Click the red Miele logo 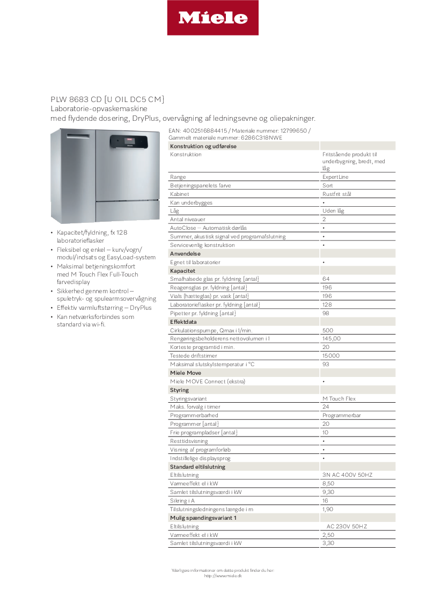tap(212, 18)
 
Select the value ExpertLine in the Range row tap(335, 177)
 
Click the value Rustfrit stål tap(337, 194)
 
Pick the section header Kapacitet tap(182, 271)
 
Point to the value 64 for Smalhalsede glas tap(326, 279)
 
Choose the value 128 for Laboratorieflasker tap(327, 304)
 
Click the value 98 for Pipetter tap(326, 313)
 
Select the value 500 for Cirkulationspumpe tap(327, 330)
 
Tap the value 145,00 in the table tap(331, 339)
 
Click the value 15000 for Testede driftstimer tap(330, 355)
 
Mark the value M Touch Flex tap(339, 398)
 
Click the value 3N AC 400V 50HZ tap(347, 475)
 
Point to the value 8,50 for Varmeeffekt tap(328, 484)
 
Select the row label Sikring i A tap(182, 500)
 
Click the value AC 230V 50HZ tap(347, 526)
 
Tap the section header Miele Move tap(185, 373)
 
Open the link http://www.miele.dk tap(223, 576)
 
